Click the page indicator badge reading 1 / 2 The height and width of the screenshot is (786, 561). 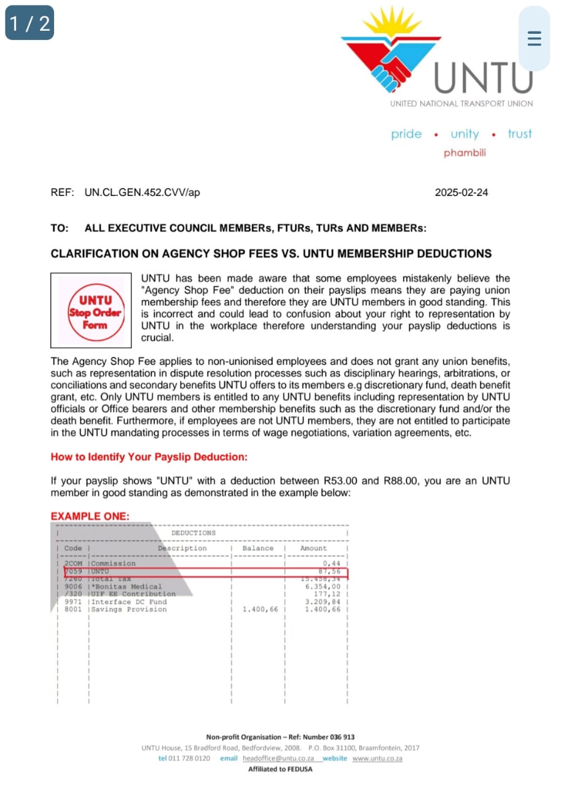(29, 23)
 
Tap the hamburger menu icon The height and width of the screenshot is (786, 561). (535, 39)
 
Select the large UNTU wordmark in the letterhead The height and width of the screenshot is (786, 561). (484, 79)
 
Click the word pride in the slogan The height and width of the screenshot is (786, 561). (407, 134)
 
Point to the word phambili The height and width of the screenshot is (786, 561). (465, 153)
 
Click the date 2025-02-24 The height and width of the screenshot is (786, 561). (461, 192)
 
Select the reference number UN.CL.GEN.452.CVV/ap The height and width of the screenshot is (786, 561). (143, 192)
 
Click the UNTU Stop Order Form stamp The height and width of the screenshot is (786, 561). (92, 310)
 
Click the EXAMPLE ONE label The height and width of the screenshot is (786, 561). (90, 516)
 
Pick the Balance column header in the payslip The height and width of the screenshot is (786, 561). (258, 548)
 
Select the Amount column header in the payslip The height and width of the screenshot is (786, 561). (313, 548)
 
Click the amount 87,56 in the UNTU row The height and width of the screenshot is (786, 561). (329, 572)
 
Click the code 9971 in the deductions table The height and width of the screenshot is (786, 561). (73, 602)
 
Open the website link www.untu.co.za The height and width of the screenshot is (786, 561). (377, 758)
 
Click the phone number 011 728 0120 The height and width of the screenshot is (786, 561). (190, 758)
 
